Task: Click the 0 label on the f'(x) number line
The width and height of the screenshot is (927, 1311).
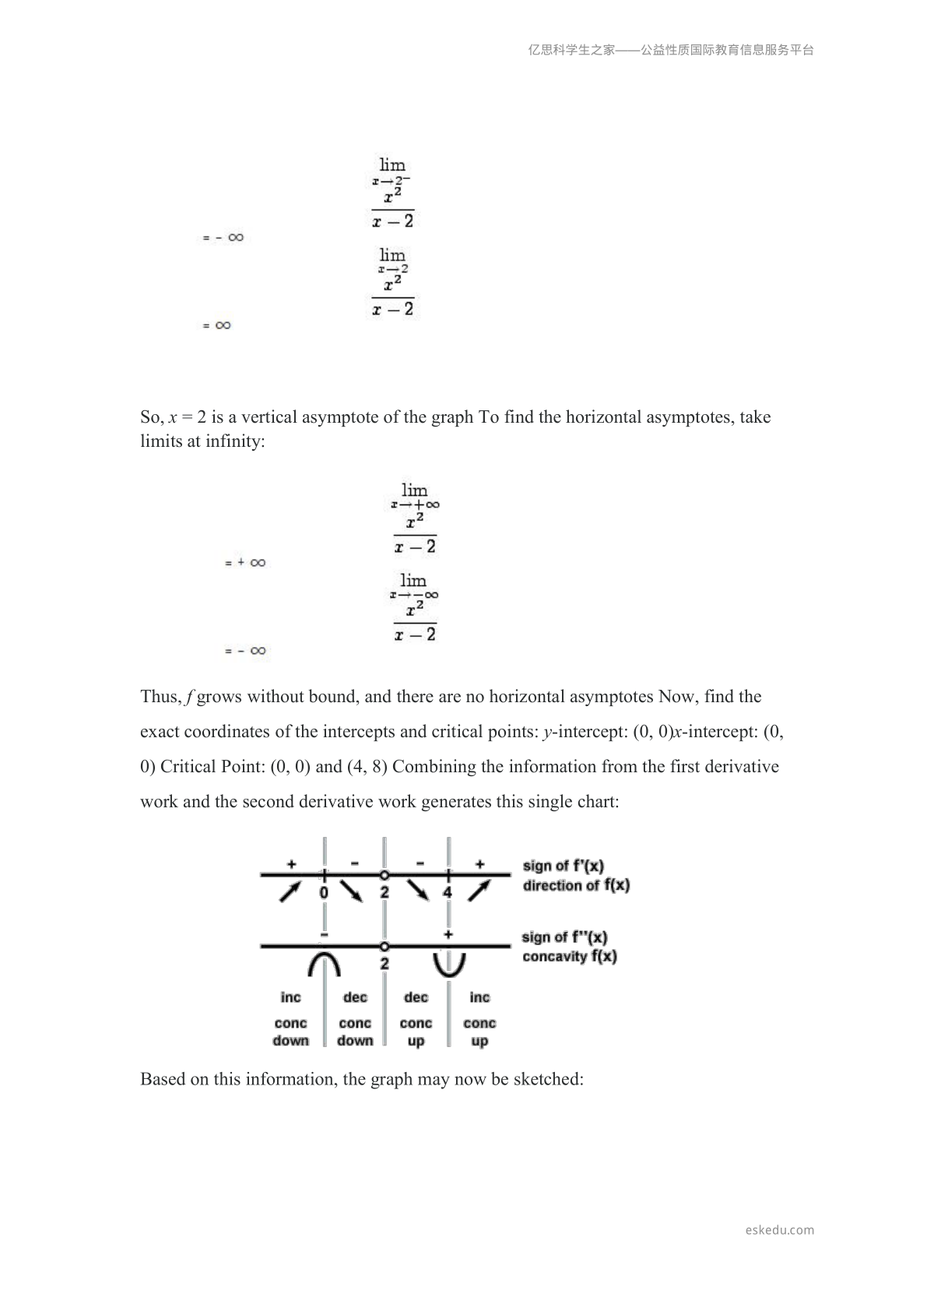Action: click(324, 892)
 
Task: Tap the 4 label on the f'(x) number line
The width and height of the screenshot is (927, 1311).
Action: click(448, 892)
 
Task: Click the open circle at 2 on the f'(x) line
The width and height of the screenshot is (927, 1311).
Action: click(384, 875)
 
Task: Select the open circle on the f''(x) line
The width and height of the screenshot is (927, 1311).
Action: click(384, 947)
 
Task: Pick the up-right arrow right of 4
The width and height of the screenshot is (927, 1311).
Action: click(479, 890)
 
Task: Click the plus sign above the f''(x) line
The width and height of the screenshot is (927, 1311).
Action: click(448, 933)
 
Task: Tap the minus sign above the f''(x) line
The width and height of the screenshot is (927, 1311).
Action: click(324, 933)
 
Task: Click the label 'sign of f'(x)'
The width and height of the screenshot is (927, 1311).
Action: click(564, 866)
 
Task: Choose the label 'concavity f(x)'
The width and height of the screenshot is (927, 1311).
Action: click(570, 957)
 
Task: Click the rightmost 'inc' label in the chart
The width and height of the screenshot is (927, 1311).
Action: click(480, 997)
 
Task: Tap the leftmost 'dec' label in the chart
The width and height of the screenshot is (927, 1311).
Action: click(355, 997)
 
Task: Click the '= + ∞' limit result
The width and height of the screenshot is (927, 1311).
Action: click(246, 562)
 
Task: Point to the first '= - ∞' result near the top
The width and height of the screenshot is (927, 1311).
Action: click(223, 237)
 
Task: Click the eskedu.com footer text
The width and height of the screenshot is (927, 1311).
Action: click(779, 1230)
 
